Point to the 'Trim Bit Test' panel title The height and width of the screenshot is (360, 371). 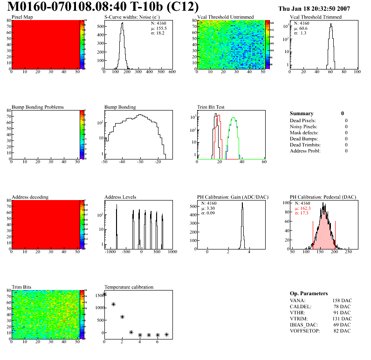(211, 107)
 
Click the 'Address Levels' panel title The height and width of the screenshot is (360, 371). (120, 197)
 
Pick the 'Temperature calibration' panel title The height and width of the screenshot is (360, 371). (129, 287)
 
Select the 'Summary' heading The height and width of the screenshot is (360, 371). (302, 113)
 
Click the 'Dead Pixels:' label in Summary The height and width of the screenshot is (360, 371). (303, 120)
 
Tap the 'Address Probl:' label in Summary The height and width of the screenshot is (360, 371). (305, 151)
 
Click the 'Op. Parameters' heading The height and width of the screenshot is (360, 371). (309, 293)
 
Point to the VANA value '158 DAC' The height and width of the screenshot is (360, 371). (342, 300)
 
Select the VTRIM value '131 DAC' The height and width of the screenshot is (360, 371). (342, 318)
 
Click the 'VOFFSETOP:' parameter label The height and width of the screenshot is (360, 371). (305, 331)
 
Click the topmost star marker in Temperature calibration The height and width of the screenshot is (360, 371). (104, 294)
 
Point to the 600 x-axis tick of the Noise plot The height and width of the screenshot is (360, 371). (172, 72)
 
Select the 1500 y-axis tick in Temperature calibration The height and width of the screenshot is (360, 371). (98, 295)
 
